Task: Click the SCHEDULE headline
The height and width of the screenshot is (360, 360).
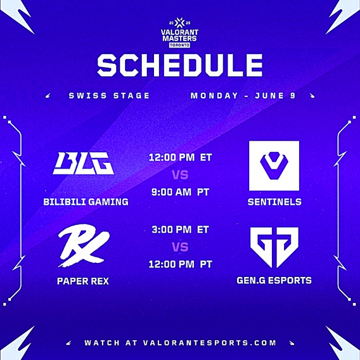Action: (180, 65)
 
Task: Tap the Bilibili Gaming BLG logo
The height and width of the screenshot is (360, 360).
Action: (83, 163)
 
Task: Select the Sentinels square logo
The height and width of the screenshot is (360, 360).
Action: (274, 166)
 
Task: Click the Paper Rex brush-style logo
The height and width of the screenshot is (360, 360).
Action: (84, 249)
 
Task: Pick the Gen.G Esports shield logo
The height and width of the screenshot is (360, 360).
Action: (274, 247)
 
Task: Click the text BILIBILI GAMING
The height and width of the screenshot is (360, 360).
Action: (86, 202)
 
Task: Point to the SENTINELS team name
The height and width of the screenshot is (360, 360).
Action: (275, 202)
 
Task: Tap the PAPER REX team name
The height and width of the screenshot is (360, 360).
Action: (83, 281)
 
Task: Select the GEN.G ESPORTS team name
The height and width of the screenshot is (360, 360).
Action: (274, 280)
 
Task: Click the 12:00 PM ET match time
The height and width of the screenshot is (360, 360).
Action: (180, 157)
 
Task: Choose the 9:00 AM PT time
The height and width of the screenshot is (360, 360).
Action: (180, 192)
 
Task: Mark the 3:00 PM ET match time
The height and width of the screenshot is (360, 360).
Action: (180, 230)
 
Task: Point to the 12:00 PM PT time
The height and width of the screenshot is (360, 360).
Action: (180, 264)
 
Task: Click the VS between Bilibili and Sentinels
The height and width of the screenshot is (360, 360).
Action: (180, 175)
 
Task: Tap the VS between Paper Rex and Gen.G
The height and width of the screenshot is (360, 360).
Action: (180, 247)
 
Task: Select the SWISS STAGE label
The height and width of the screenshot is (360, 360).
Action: (109, 95)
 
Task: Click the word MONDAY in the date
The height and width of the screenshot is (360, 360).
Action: (214, 95)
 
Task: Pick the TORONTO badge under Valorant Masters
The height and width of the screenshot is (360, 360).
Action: (179, 45)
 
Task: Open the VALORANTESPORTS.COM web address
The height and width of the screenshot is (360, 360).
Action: (209, 343)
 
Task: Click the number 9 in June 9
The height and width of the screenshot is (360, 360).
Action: (293, 95)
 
